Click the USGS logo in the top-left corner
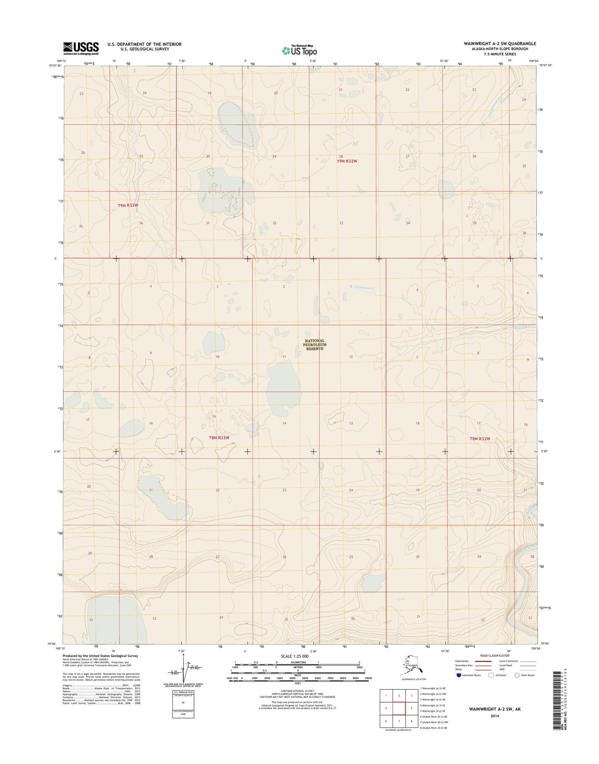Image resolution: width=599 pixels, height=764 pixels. click(x=81, y=48)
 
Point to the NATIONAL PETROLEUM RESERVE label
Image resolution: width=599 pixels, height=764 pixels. click(x=315, y=345)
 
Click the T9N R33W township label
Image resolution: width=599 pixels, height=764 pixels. click(x=127, y=205)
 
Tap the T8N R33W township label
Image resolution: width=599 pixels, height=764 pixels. click(x=219, y=438)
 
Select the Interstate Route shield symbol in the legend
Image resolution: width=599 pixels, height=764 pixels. click(x=458, y=675)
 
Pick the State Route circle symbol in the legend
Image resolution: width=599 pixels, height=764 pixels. click(x=517, y=675)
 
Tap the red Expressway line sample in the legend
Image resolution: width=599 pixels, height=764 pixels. click(x=483, y=661)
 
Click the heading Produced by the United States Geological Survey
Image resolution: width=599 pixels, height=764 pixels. click(x=100, y=656)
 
